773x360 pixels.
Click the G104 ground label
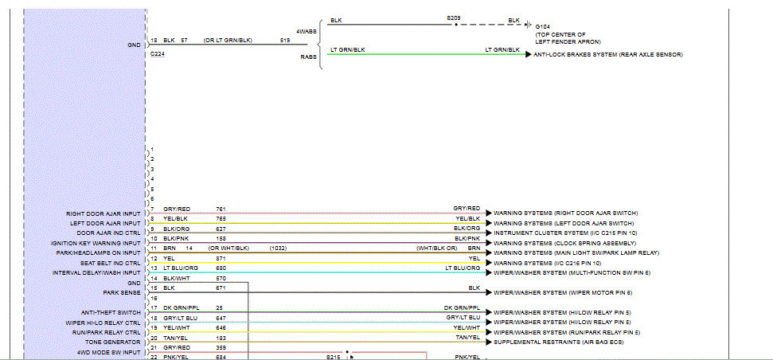542,26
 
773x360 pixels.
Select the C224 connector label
158,54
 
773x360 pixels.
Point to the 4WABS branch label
306,31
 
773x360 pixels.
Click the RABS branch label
307,57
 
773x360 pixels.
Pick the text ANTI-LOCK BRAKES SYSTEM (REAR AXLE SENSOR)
608,54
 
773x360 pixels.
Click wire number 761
221,209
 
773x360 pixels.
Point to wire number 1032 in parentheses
279,248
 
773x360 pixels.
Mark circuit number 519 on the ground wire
285,39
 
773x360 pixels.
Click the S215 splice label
333,358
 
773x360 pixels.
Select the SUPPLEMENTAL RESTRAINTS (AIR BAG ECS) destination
558,342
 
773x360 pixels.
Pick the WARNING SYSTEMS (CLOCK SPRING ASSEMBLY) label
564,243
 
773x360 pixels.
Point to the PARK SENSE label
122,292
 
